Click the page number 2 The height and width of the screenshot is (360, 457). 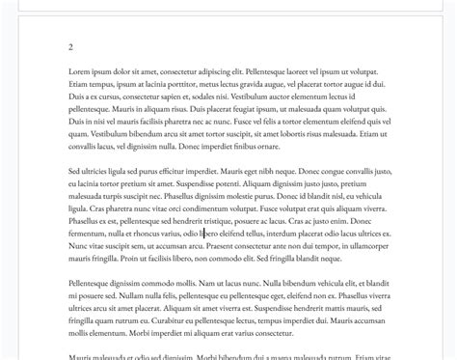71,46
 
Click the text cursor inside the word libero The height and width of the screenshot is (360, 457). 202,234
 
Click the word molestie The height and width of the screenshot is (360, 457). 240,196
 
